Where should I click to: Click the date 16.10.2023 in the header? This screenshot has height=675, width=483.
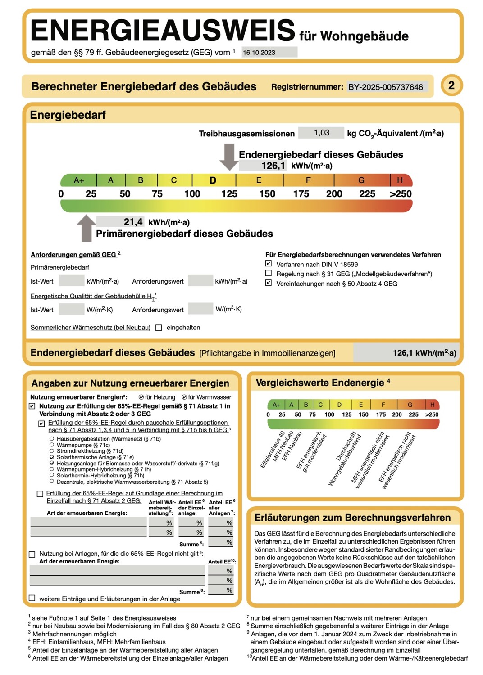pyautogui.click(x=259, y=53)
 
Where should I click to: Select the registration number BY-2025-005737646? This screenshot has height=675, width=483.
pyautogui.click(x=386, y=87)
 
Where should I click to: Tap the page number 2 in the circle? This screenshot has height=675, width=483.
pyautogui.click(x=451, y=85)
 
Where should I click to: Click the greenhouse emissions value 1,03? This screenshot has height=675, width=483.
pyautogui.click(x=322, y=133)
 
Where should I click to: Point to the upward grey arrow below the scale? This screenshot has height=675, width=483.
pyautogui.click(x=86, y=228)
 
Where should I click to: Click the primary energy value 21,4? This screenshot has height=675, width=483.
pyautogui.click(x=133, y=222)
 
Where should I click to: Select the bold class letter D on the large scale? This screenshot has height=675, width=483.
pyautogui.click(x=213, y=180)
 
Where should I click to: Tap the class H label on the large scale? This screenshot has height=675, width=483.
pyautogui.click(x=400, y=180)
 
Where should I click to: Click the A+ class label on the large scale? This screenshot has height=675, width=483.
pyautogui.click(x=79, y=180)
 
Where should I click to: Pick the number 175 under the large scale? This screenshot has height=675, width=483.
pyautogui.click(x=301, y=194)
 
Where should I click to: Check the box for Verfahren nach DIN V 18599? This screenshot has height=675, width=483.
pyautogui.click(x=269, y=264)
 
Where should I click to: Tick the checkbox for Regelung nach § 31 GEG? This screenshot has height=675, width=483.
pyautogui.click(x=269, y=273)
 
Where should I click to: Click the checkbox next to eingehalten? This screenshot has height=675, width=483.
pyautogui.click(x=159, y=328)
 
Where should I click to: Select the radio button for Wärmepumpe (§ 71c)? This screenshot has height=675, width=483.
pyautogui.click(x=52, y=445)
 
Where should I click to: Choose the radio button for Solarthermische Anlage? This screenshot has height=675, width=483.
pyautogui.click(x=52, y=457)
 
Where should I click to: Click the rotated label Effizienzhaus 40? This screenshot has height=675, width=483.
pyautogui.click(x=273, y=450)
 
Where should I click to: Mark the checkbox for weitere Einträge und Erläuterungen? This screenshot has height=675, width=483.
pyautogui.click(x=32, y=598)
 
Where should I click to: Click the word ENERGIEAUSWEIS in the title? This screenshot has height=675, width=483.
pyautogui.click(x=163, y=31)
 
